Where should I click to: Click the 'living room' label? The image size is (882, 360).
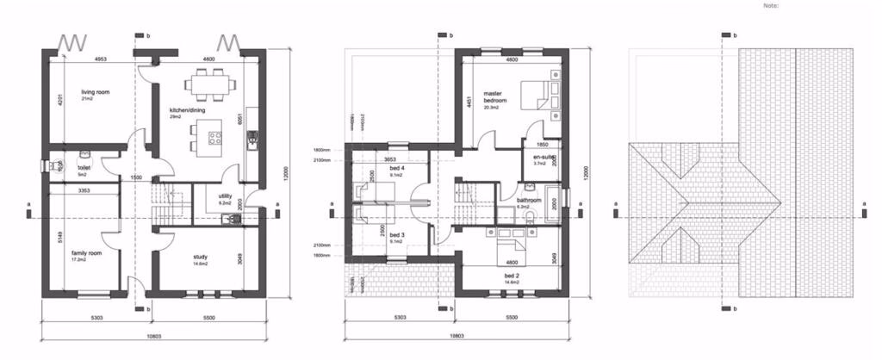96,91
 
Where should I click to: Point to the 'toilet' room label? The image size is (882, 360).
84,169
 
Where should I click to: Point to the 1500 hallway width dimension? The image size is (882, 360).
136,177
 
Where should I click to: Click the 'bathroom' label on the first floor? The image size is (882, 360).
528,201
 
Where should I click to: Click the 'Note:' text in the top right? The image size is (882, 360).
770,5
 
